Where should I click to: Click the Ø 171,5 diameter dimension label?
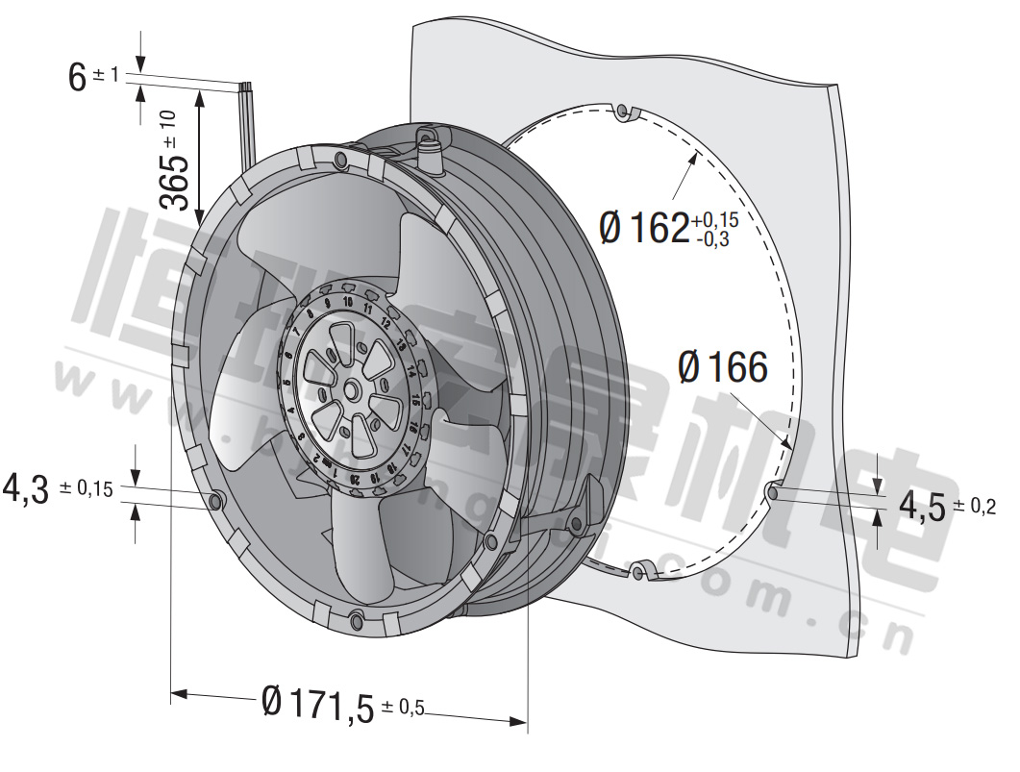tap(317, 705)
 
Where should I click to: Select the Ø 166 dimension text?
tap(723, 367)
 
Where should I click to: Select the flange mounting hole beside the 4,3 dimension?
tap(216, 499)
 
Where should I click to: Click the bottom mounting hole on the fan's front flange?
tap(358, 619)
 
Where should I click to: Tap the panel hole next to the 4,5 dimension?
tap(772, 492)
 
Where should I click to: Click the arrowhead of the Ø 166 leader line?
tap(787, 445)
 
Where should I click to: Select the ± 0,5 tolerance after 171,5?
tap(403, 709)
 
